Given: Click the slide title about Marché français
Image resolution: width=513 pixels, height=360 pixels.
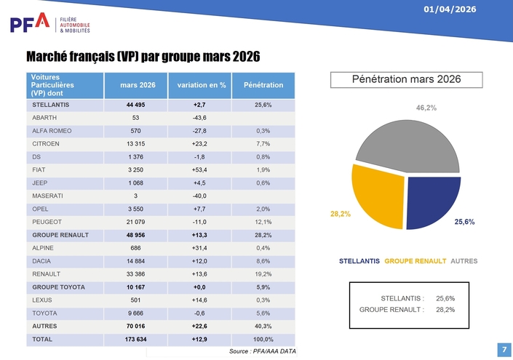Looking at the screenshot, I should (x=143, y=57).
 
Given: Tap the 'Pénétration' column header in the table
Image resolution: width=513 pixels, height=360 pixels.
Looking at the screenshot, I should (x=263, y=85).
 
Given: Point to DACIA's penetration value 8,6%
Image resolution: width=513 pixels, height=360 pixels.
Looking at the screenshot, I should (x=263, y=261).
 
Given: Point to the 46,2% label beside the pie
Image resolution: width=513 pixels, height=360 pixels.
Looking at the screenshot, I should (x=426, y=108).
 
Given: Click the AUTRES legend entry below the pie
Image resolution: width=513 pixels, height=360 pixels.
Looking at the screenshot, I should (x=464, y=260).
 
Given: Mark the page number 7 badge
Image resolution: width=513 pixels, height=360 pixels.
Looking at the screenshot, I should (x=504, y=349).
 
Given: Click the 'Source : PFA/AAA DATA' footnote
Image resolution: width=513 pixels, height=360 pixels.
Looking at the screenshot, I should (x=262, y=352).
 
